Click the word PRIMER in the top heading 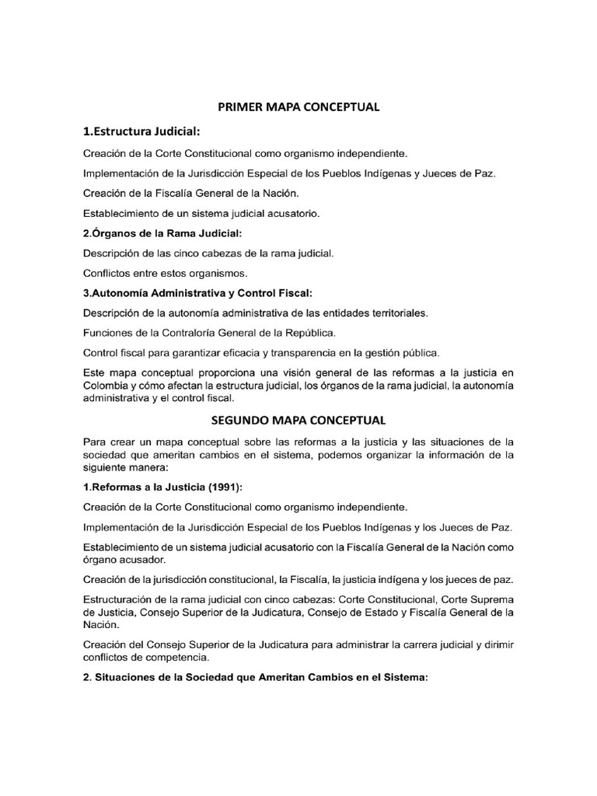(237, 107)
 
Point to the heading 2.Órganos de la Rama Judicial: (162, 232)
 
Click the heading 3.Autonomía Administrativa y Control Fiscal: (197, 293)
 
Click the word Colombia (106, 386)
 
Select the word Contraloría (201, 333)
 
